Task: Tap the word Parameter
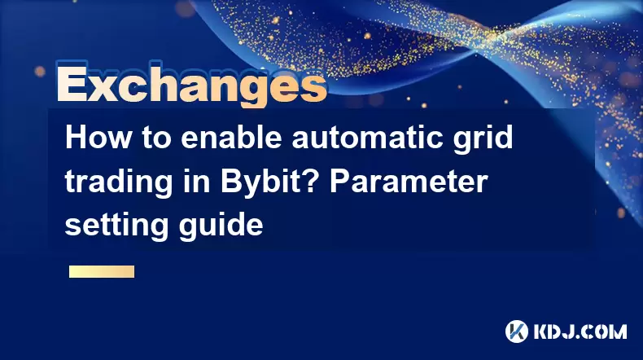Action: click(x=409, y=181)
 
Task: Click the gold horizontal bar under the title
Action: click(x=102, y=271)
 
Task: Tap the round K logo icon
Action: click(x=516, y=331)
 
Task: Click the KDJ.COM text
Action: click(x=580, y=331)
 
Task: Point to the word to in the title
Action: click(x=155, y=138)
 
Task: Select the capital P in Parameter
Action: click(x=340, y=181)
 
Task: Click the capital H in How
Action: click(x=76, y=138)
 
